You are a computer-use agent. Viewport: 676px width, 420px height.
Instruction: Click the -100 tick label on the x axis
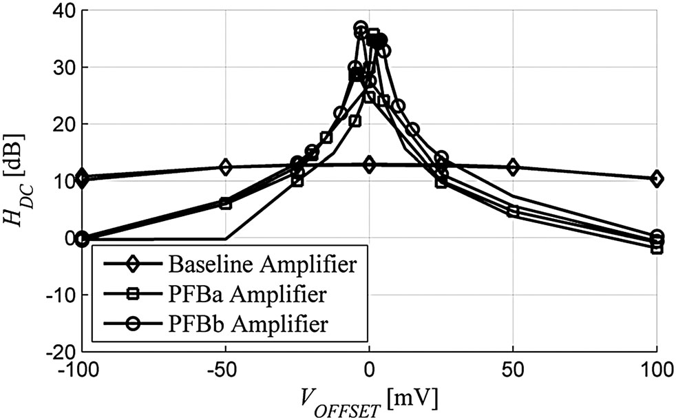pyautogui.click(x=82, y=371)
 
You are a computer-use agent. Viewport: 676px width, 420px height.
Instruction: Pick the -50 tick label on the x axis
pyautogui.click(x=226, y=371)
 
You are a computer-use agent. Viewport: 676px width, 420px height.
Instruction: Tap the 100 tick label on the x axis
pyautogui.click(x=657, y=371)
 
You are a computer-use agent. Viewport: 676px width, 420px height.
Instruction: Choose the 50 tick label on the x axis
pyautogui.click(x=513, y=371)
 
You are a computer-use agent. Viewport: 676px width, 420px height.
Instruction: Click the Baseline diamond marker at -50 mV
pyautogui.click(x=226, y=167)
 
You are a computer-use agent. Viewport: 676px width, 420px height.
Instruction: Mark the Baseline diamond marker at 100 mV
pyautogui.click(x=657, y=179)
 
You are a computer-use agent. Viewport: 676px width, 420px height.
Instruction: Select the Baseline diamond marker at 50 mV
pyautogui.click(x=513, y=167)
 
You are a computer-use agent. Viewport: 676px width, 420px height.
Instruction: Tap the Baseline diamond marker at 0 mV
pyautogui.click(x=370, y=165)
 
